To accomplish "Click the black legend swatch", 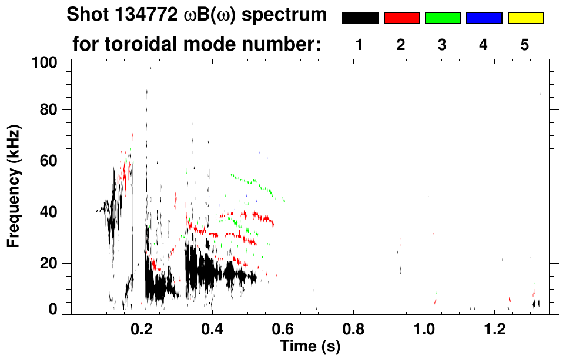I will [360, 18].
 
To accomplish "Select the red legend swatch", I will [401, 18].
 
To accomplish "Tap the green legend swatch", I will [443, 18].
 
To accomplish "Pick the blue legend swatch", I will [484, 18].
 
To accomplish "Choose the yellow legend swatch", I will [525, 18].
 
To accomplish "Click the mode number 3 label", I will [442, 45].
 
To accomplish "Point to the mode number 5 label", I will [525, 45].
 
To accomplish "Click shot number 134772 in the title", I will [149, 15].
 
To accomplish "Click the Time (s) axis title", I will [309, 347].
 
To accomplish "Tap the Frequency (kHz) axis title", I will [15, 186].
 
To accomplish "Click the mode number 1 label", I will [359, 45].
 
